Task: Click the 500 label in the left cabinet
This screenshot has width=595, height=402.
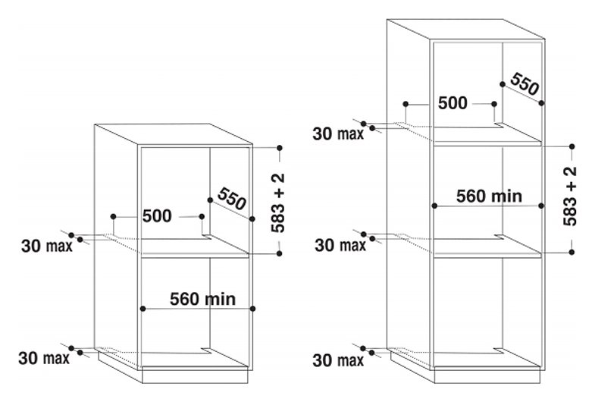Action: tap(157, 216)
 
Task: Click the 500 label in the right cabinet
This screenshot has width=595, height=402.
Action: tap(453, 103)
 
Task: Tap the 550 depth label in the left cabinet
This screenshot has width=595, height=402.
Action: tap(232, 199)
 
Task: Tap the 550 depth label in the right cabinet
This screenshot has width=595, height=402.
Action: tap(525, 84)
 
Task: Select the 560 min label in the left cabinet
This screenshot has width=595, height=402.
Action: tap(202, 299)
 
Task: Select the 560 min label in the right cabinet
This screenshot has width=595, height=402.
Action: tap(489, 196)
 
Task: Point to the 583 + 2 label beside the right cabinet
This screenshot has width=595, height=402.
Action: tap(570, 196)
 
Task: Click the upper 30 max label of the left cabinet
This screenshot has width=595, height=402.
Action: tap(47, 246)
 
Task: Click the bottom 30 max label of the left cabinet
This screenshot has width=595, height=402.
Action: tap(44, 358)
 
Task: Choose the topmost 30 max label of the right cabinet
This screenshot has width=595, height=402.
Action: tap(338, 133)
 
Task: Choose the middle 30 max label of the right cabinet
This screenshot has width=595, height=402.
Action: tap(340, 245)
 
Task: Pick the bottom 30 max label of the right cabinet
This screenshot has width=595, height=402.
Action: tap(338, 360)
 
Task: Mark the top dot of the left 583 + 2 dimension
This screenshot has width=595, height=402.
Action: tap(280, 148)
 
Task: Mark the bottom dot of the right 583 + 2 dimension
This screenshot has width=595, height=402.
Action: tap(572, 252)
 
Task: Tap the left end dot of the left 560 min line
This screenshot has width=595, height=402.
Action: tap(142, 309)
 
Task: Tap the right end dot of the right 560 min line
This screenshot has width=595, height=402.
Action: tap(541, 206)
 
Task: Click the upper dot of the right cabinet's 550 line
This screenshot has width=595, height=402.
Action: tap(503, 84)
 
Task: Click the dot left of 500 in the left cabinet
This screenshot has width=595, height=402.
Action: tap(113, 216)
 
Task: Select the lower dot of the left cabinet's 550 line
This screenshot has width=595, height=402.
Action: tap(252, 218)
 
